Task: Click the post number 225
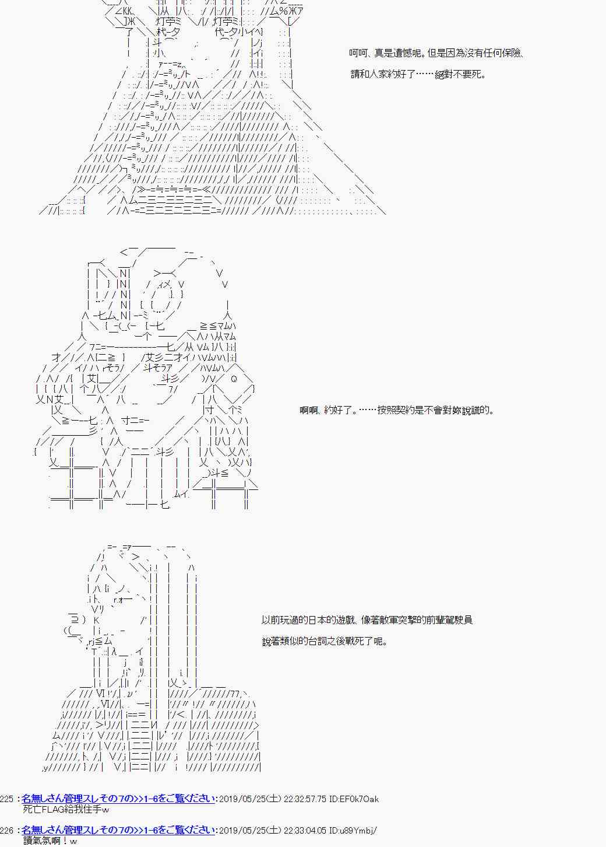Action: click(8, 799)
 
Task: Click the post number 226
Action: click(8, 831)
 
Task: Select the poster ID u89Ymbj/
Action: click(358, 831)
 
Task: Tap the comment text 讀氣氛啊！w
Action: click(50, 841)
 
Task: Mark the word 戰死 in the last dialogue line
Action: click(351, 642)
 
